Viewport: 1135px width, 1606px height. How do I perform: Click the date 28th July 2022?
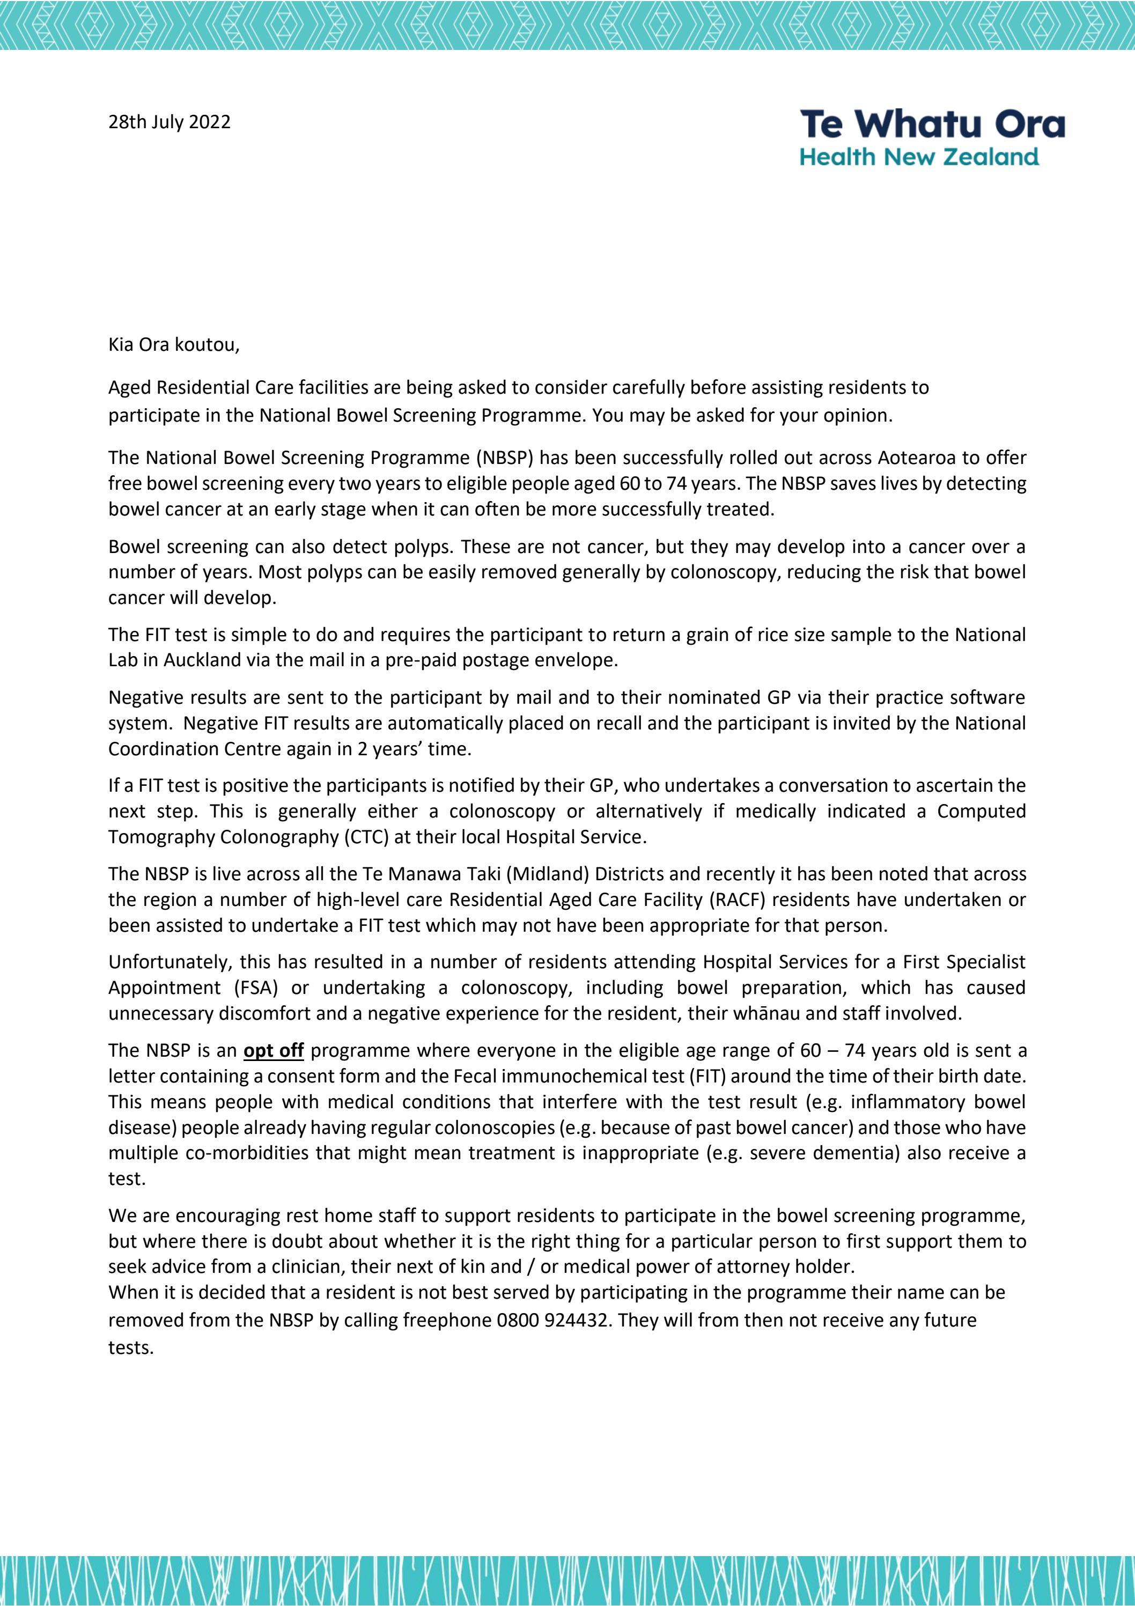point(169,122)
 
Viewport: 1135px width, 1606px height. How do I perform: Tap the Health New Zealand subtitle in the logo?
point(919,157)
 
